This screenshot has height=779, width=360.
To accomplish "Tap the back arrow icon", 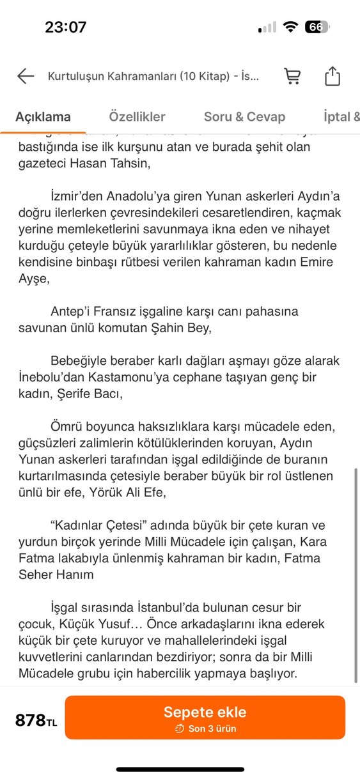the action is (x=26, y=77).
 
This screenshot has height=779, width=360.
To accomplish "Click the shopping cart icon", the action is (x=292, y=77).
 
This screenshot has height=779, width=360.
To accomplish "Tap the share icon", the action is (x=333, y=77).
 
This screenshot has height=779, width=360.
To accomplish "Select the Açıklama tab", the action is (x=43, y=117).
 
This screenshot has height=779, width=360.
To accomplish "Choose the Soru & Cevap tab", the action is (x=244, y=117).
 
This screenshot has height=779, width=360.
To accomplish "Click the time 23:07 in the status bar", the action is (x=65, y=27).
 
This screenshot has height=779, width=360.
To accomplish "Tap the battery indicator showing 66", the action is (x=316, y=27).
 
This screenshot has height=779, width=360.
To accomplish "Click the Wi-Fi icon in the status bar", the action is (x=291, y=27).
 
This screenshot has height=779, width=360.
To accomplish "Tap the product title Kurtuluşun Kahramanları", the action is (x=153, y=77).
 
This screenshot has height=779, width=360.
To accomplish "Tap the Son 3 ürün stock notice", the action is (x=211, y=729).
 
